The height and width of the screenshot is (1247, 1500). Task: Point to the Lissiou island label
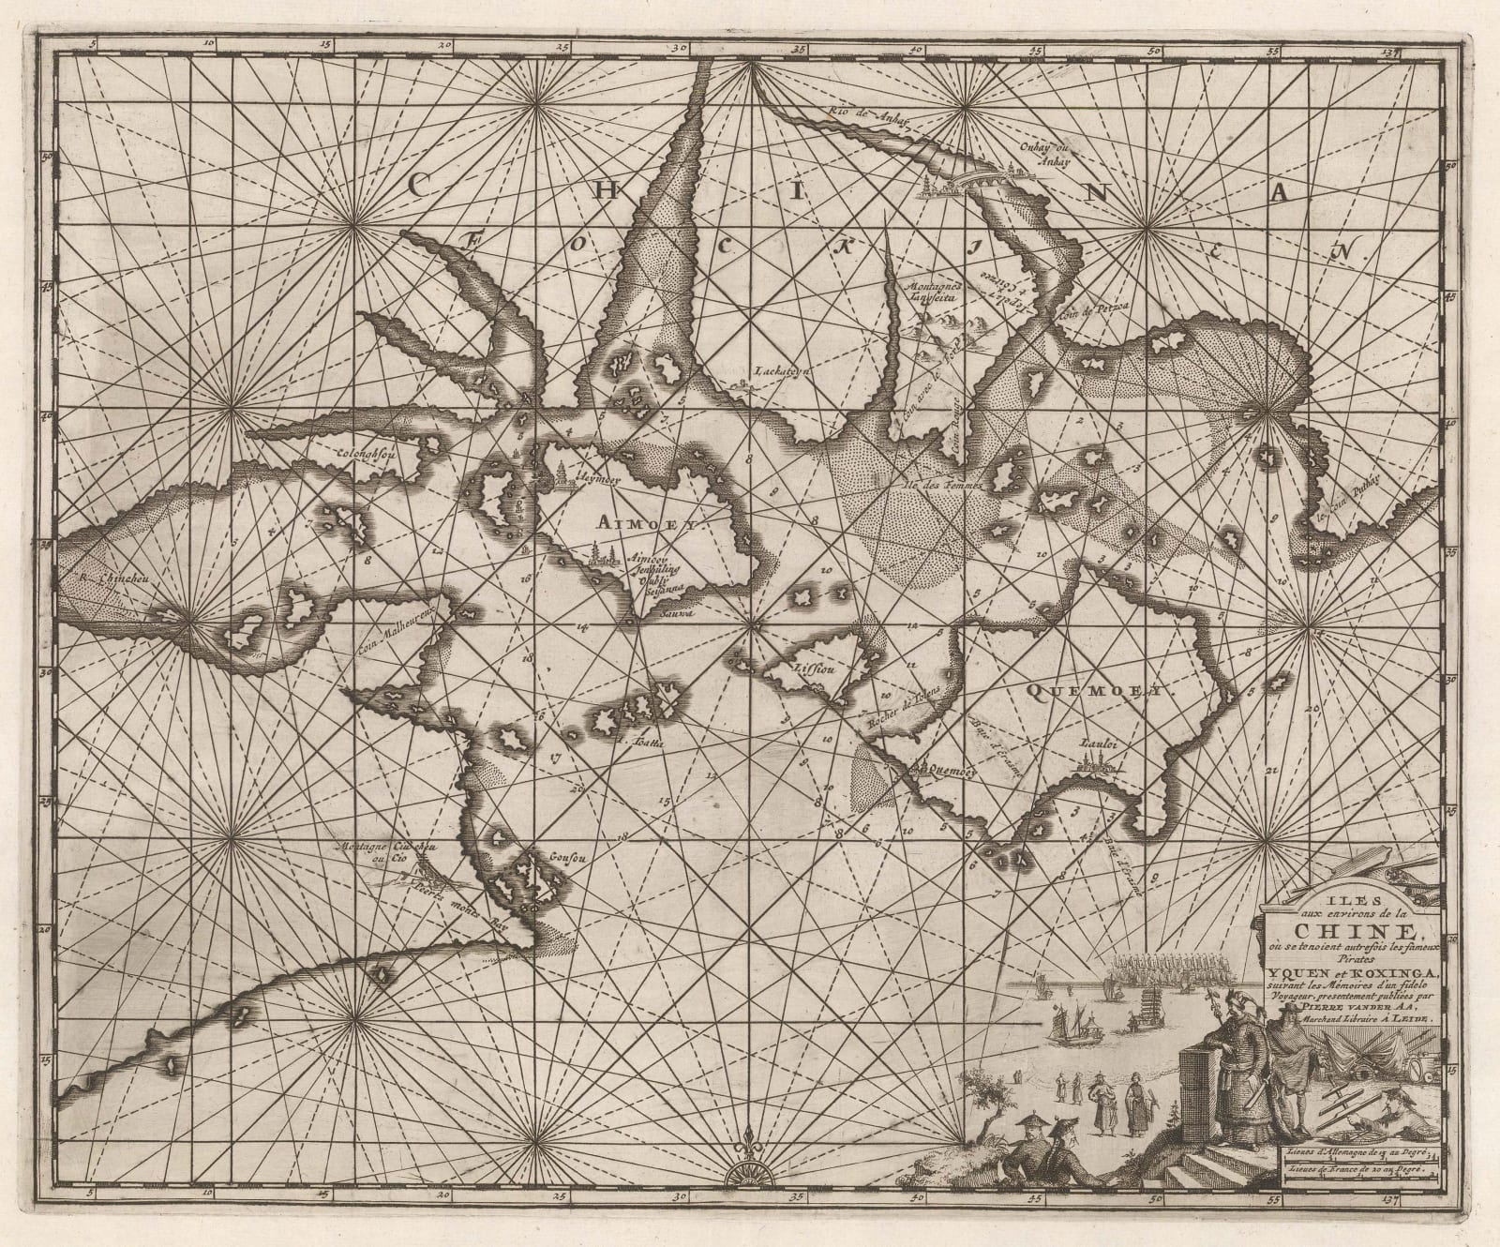point(813,671)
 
